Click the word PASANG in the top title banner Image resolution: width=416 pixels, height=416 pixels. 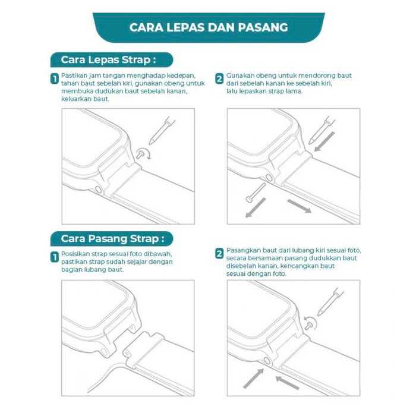263,27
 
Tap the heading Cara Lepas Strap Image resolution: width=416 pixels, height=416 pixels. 108,59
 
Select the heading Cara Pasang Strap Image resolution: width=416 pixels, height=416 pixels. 112,238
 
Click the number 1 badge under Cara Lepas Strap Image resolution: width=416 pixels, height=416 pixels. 55,79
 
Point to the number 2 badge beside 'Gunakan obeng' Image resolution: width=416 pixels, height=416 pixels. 219,79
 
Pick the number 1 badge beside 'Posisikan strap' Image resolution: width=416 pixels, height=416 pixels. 55,257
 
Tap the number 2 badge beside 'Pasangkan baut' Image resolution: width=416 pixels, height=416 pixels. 219,254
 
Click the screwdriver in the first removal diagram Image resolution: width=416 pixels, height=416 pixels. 162,130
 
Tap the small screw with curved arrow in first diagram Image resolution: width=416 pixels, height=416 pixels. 143,154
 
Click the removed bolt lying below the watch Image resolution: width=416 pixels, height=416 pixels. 256,193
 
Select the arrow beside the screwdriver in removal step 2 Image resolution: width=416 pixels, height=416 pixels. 324,141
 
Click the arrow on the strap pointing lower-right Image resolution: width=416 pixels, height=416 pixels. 300,206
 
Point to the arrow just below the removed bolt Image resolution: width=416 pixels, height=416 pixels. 256,208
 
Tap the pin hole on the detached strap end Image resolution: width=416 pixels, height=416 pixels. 126,354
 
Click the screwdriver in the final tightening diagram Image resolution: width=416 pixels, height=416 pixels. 330,302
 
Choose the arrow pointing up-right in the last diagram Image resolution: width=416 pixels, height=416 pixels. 254,379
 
